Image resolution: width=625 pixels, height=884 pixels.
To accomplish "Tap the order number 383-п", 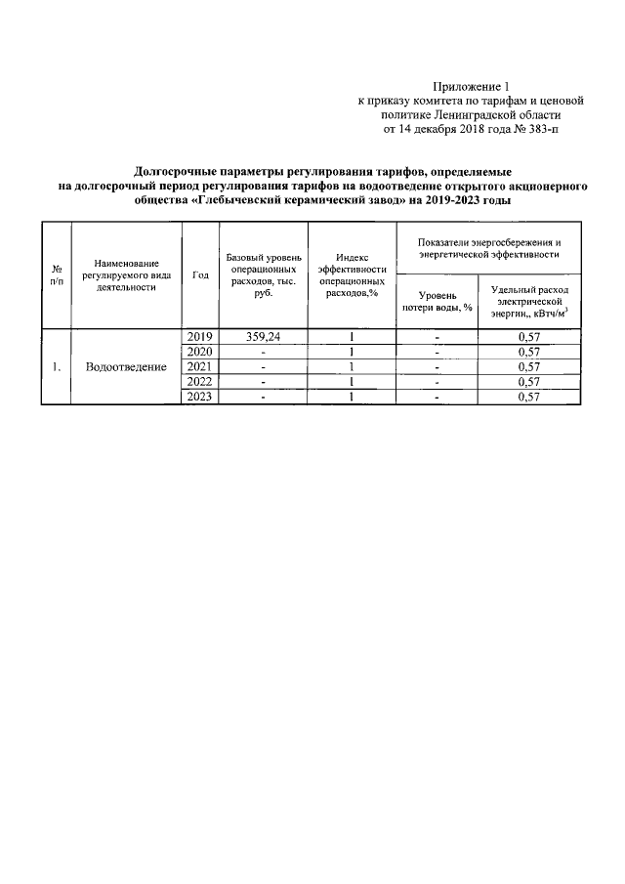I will tap(543, 128).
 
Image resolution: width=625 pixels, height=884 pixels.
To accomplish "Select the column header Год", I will tap(200, 275).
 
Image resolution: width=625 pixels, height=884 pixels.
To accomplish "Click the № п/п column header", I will tap(57, 275).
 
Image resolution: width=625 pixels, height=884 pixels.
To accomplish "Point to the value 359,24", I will tap(263, 337).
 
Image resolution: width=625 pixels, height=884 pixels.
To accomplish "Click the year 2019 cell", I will tap(200, 337).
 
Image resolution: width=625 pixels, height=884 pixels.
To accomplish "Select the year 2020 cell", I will tap(200, 352).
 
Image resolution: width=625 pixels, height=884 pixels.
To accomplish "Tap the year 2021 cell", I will tap(200, 366).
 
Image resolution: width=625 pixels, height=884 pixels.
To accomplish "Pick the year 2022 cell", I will tap(200, 382).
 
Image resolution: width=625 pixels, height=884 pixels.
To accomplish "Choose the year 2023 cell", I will tap(200, 397).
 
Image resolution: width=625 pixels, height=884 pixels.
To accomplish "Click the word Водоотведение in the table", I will tap(126, 366).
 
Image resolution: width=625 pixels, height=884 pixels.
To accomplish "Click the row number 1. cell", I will tap(57, 366).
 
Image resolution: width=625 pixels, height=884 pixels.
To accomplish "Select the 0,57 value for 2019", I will tap(528, 337).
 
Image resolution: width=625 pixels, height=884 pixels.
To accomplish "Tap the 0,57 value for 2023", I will tap(528, 397).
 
